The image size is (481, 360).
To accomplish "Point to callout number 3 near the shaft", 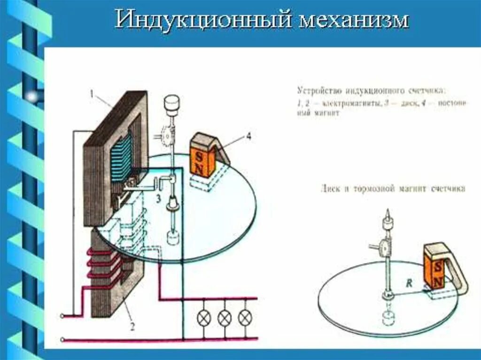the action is coord(159,199).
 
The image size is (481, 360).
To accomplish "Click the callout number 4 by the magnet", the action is coord(248,137).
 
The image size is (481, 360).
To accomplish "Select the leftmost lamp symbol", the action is coord(203,318).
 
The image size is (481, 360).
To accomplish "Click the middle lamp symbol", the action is coord(225,318).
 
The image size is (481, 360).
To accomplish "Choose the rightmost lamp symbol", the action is coord(245,318).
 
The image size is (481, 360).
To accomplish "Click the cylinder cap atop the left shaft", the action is coord(172,104).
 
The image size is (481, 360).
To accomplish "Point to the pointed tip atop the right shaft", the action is coord(388,213).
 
